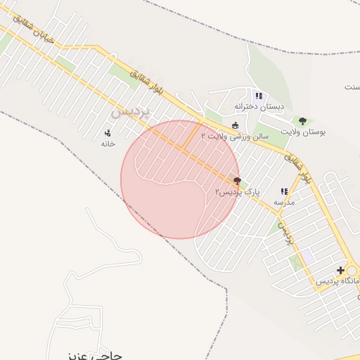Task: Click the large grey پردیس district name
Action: (x=131, y=112)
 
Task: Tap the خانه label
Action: (x=108, y=143)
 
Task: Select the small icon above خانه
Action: (x=108, y=132)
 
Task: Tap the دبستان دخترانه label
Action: (x=259, y=107)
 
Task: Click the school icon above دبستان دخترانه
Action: (x=259, y=96)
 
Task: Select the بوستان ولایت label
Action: (x=304, y=131)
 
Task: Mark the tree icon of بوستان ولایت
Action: (x=303, y=121)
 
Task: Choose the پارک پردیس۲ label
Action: (x=238, y=191)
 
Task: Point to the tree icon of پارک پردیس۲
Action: (x=237, y=181)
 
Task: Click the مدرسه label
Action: (x=284, y=202)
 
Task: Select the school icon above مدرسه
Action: (x=284, y=191)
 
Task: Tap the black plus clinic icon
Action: (x=340, y=270)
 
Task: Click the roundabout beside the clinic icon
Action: (x=352, y=271)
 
